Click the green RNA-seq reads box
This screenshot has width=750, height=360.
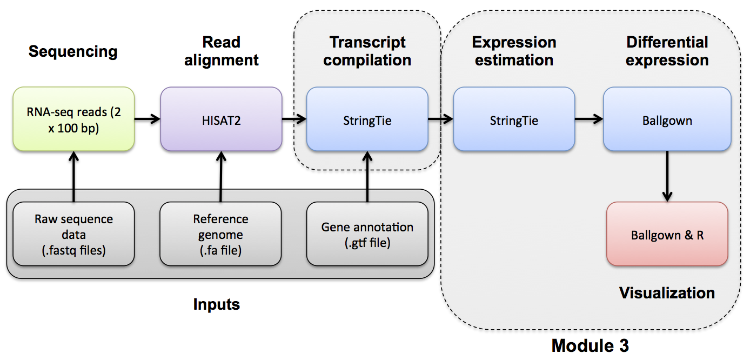click(73, 119)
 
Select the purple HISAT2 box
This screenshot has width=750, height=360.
click(221, 119)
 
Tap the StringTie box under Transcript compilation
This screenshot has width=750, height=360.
click(367, 119)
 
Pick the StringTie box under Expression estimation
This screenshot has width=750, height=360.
click(514, 119)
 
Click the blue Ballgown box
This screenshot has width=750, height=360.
click(667, 119)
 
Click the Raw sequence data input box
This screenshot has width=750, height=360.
click(73, 234)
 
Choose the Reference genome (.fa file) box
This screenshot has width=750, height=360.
click(220, 234)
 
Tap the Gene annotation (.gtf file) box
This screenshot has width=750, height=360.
click(367, 234)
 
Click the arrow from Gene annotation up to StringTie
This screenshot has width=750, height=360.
click(367, 176)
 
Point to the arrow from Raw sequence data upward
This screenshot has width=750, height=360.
click(73, 176)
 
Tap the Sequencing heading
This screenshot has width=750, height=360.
click(73, 51)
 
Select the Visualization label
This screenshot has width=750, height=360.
click(667, 293)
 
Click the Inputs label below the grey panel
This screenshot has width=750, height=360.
click(217, 304)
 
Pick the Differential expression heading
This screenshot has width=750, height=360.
click(667, 51)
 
